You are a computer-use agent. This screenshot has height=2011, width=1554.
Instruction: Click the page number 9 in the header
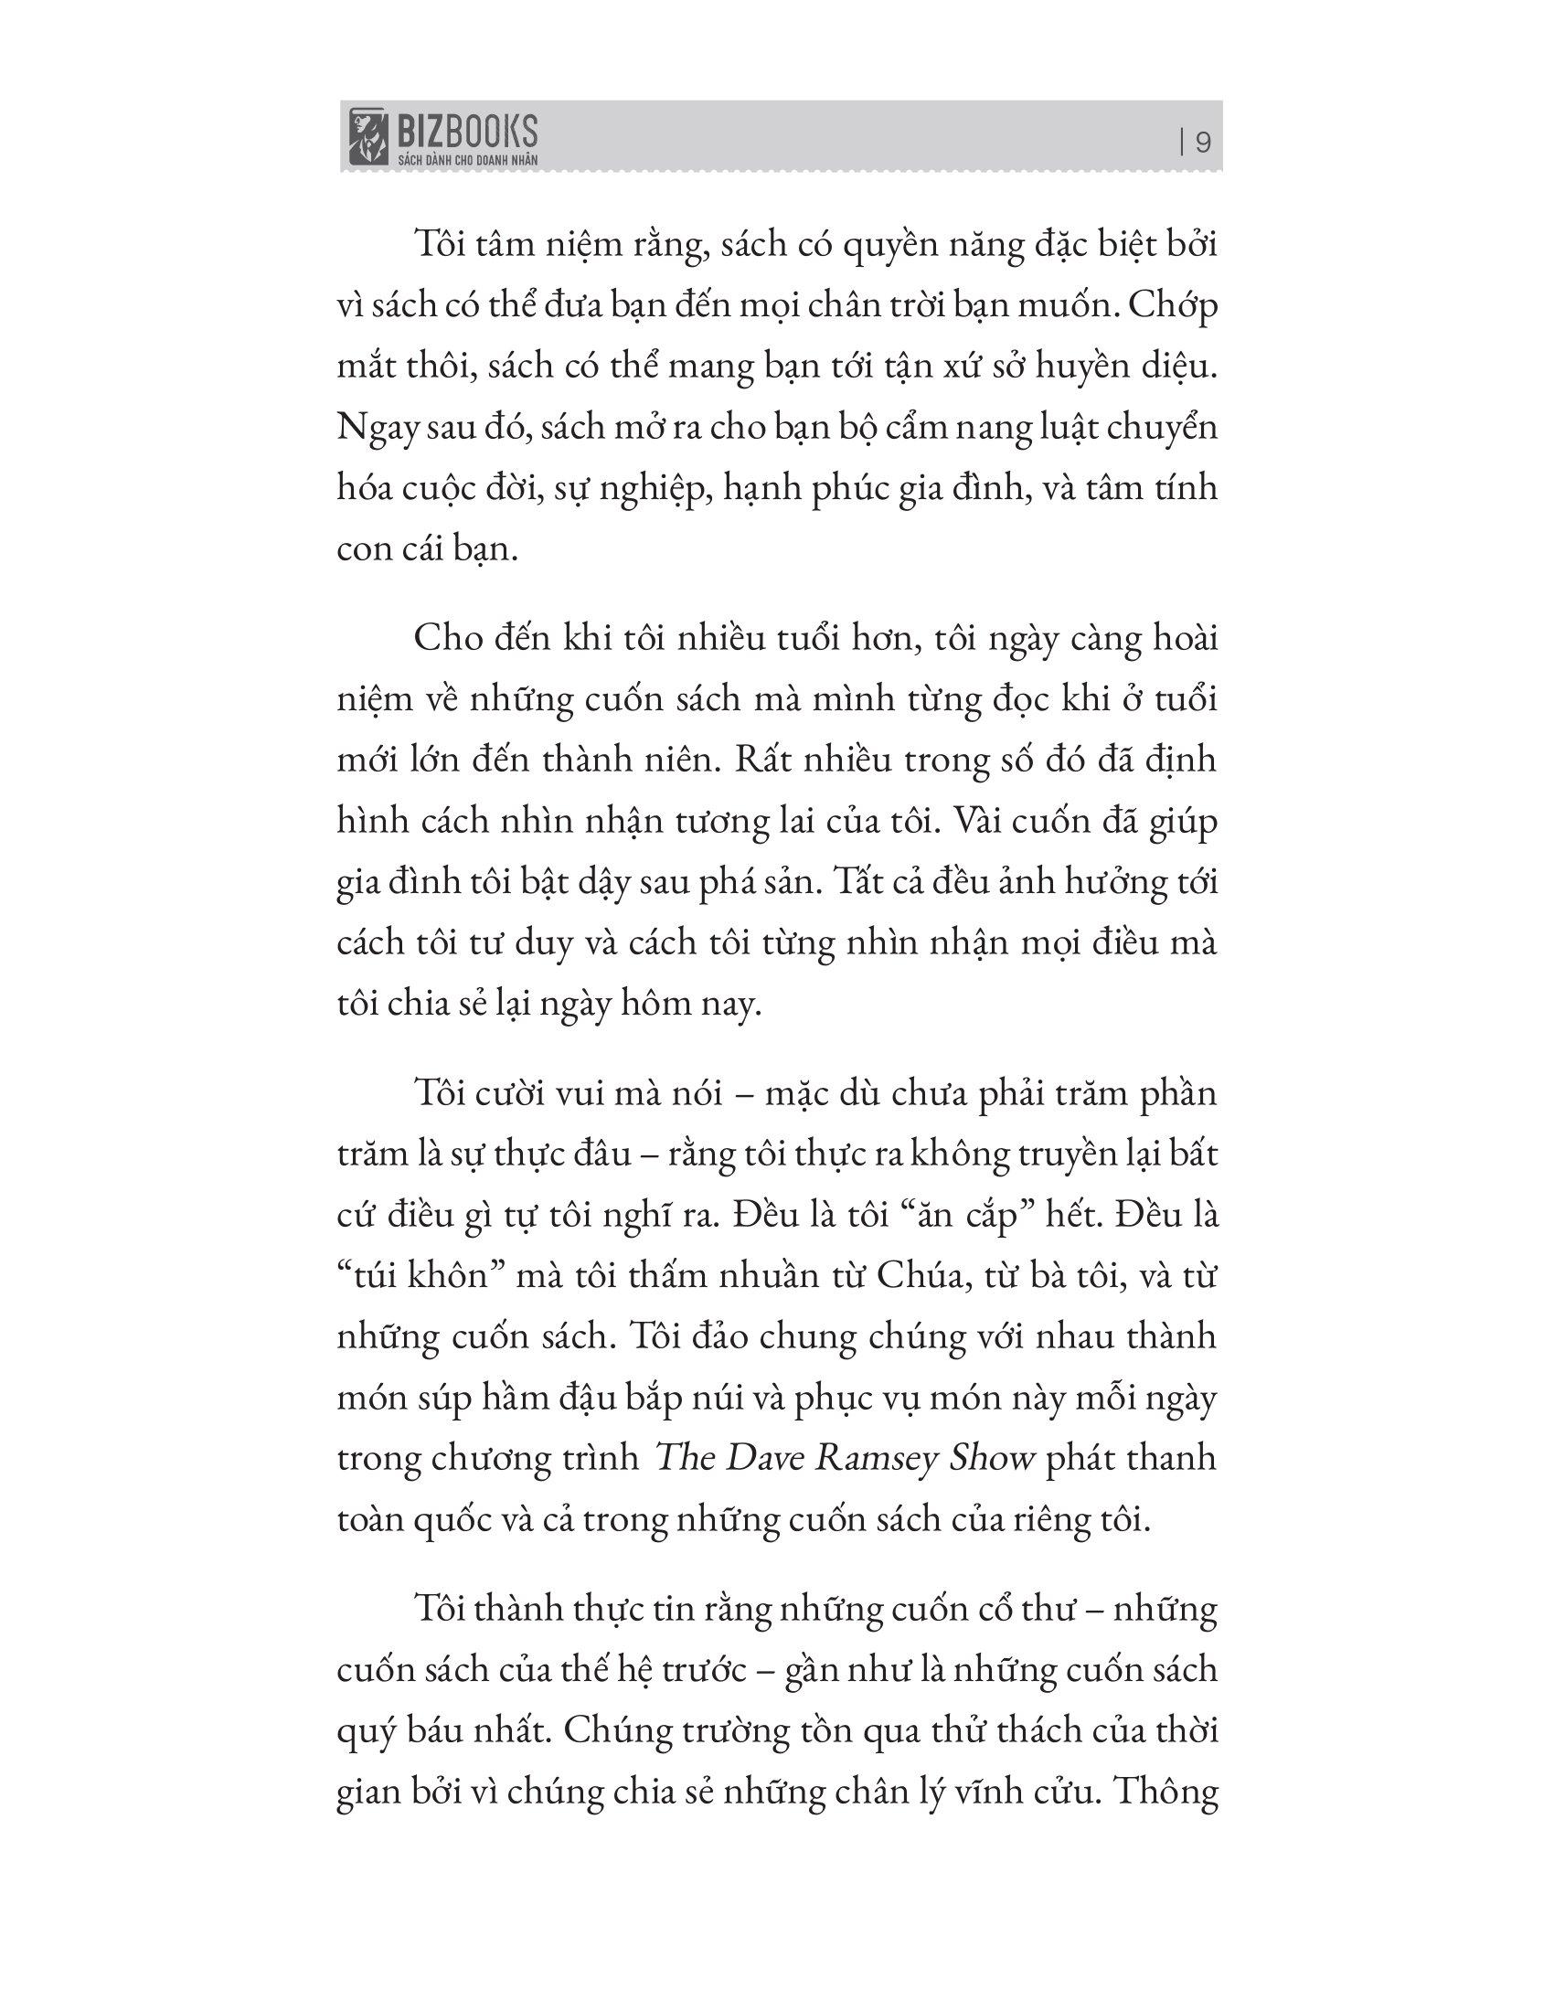[1202, 144]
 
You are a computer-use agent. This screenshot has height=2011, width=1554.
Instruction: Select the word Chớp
[1172, 305]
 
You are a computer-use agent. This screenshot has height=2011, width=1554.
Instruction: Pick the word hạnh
[758, 488]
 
